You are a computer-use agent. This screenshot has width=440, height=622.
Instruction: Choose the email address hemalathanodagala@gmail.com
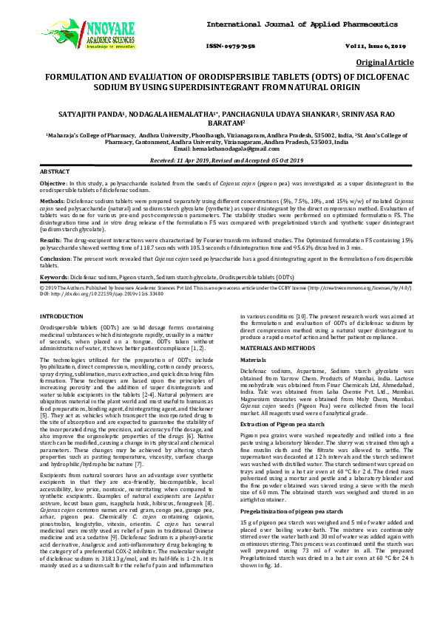(x=220, y=149)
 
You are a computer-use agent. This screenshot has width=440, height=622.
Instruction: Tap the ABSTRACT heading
(x=55, y=171)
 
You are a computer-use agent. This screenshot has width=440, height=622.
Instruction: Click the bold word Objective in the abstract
(x=53, y=182)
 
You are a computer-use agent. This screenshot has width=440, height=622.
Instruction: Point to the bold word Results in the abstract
(x=50, y=240)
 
